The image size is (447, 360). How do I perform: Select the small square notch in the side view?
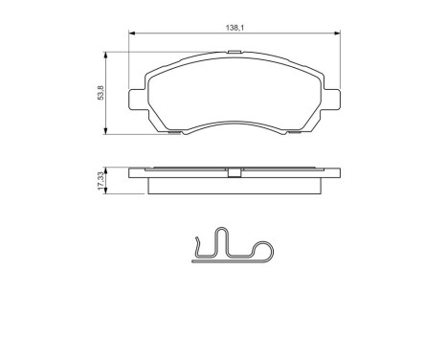(234, 173)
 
